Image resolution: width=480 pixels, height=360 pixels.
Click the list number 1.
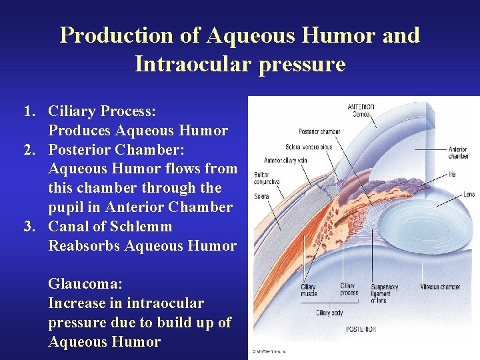(29, 111)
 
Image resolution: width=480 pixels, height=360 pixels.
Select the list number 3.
(29, 227)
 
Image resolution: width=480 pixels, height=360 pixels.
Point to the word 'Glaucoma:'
(85, 284)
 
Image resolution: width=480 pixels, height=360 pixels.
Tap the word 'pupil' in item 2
(68, 207)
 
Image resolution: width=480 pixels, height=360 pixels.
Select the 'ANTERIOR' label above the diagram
(361, 107)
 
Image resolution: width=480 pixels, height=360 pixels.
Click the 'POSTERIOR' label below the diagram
(360, 329)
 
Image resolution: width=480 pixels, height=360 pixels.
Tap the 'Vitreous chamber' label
(440, 287)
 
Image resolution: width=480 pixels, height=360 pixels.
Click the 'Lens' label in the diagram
(467, 194)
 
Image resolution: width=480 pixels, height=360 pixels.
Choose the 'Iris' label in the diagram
(453, 175)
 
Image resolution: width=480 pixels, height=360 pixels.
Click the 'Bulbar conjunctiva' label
(267, 178)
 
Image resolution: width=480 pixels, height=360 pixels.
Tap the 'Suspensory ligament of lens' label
(385, 293)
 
